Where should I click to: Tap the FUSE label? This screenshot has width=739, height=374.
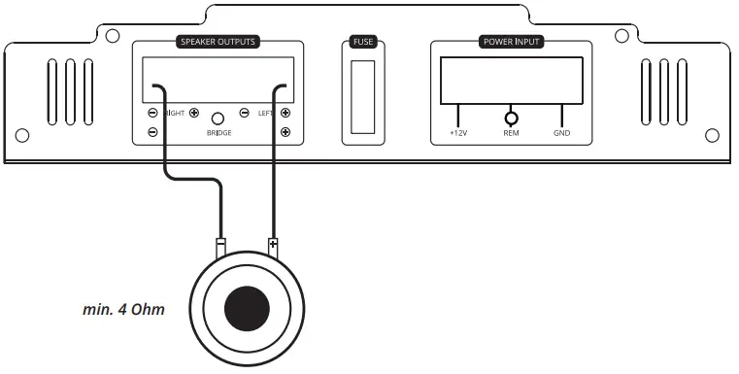point(362,43)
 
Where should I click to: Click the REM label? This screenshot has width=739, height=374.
point(511,134)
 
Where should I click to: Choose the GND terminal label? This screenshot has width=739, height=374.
point(562,134)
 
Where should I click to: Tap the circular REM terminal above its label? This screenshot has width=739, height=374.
point(511,118)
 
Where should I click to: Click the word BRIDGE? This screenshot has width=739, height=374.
point(218,132)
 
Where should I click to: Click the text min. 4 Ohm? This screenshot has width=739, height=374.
point(122,311)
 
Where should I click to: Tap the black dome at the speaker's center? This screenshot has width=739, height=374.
point(247,309)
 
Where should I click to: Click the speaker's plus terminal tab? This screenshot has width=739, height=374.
point(273,246)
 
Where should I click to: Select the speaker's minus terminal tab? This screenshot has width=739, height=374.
point(221,246)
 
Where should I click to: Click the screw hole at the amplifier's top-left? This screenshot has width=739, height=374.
point(113,36)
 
